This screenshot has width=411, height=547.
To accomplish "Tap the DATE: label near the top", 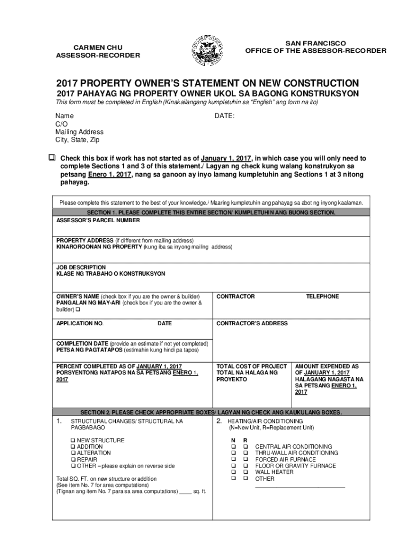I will click(x=224, y=115).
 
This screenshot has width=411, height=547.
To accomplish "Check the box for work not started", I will click(x=52, y=158).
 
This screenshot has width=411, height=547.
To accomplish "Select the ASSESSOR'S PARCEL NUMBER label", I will click(x=98, y=220).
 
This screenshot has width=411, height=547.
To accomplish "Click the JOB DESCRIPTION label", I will click(x=81, y=267).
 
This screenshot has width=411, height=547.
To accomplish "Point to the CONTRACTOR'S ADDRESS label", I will click(x=252, y=323).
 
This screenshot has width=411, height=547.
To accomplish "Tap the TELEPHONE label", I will click(x=322, y=296).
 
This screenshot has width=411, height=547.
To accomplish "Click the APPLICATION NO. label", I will click(x=80, y=323).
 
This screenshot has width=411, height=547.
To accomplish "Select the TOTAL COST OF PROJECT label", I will click(x=251, y=366).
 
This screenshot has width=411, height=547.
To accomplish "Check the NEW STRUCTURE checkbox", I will click(x=73, y=440).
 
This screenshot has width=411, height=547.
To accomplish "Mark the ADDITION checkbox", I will click(x=73, y=447).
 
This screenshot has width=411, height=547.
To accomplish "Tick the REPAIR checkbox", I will click(x=73, y=459).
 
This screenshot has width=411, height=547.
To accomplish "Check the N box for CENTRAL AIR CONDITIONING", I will click(x=233, y=447).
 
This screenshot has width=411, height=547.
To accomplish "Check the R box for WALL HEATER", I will click(x=246, y=472).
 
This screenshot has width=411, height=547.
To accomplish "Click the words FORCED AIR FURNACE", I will click(x=286, y=459).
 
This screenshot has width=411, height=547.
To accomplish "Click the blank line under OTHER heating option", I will click(x=300, y=486).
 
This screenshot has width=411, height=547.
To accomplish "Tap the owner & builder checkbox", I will click(x=78, y=309).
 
